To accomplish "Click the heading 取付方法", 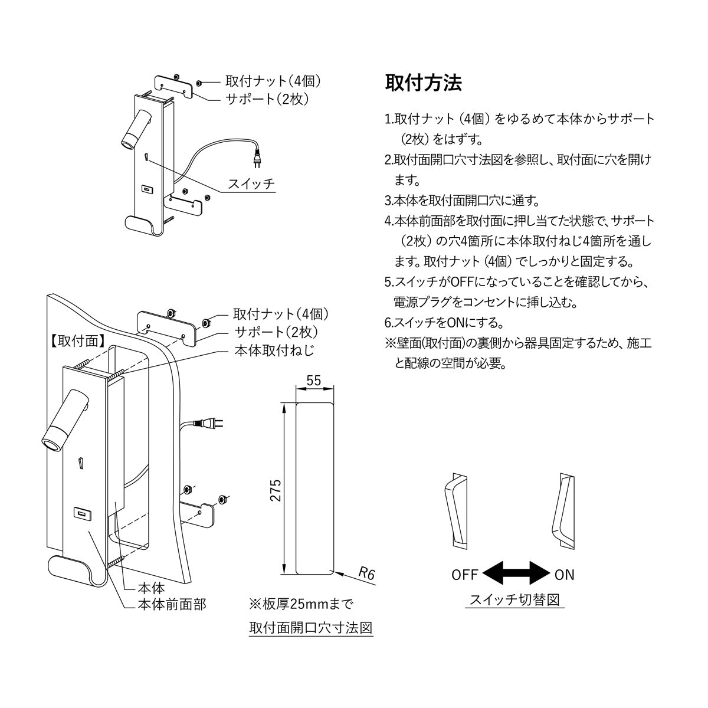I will [423, 83].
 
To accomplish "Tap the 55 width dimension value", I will [314, 381].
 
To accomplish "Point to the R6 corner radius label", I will [366, 573].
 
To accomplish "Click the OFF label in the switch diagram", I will [465, 575].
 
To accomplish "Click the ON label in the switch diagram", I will [565, 575].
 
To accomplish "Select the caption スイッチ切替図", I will [514, 601].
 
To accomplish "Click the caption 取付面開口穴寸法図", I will [311, 627].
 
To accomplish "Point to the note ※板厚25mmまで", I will [301, 604].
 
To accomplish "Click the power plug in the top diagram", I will [257, 158].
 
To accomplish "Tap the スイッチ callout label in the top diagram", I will [251, 183].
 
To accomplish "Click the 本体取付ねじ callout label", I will [274, 350].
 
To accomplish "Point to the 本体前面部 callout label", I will [172, 605].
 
